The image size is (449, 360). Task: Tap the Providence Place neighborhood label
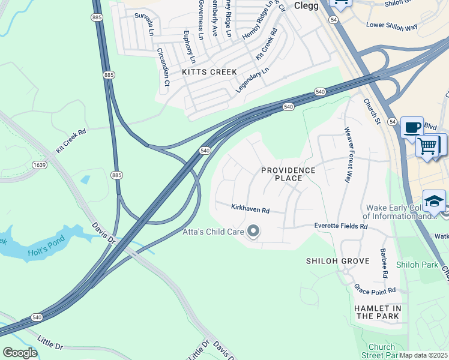pyautogui.click(x=288, y=175)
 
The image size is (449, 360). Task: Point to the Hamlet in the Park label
pyautogui.click(x=378, y=312)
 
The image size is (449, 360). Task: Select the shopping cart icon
pyautogui.click(x=428, y=145)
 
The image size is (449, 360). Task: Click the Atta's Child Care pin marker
pyautogui.click(x=253, y=231)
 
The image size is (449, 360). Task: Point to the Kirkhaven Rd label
pyautogui.click(x=250, y=209)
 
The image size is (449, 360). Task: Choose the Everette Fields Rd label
pyautogui.click(x=341, y=226)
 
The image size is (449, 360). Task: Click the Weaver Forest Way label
pyautogui.click(x=347, y=154)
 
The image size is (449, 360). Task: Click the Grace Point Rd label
pyautogui.click(x=375, y=290)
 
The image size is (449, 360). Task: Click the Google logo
pyautogui.click(x=20, y=353)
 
